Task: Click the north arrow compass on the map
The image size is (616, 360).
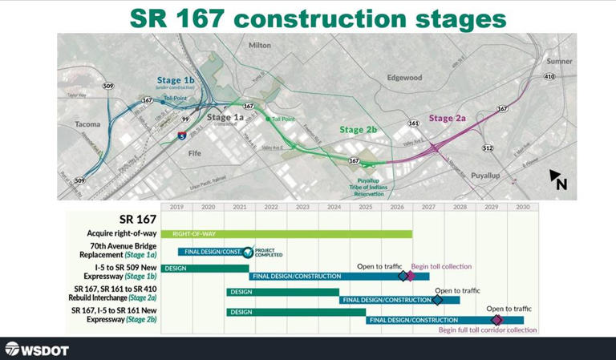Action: coord(558,180)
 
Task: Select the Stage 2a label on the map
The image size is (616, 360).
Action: coord(447,118)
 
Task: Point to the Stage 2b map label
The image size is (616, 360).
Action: coord(358,130)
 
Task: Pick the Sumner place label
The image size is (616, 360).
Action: coord(558,61)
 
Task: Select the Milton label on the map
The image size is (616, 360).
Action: coord(261,46)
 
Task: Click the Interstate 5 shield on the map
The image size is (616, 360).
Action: coord(183,136)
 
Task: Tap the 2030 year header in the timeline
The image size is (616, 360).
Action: coord(523,207)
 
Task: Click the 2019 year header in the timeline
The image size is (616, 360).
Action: coord(176,207)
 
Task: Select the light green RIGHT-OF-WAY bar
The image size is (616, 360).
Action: coord(286,233)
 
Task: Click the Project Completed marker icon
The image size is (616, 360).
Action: coord(249,252)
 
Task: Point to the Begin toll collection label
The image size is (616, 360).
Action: coord(441,266)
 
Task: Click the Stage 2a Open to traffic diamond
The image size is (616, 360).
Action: coord(437,300)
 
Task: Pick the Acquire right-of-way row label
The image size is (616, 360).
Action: coord(121,233)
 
